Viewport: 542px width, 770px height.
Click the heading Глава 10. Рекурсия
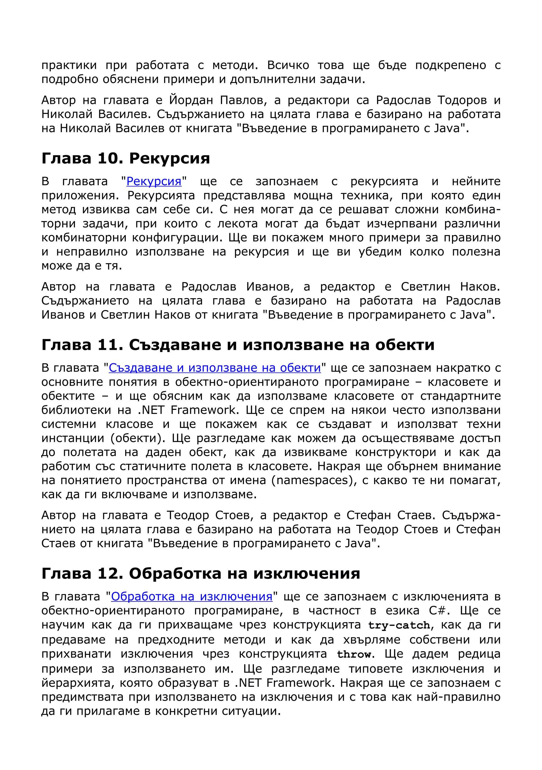click(126, 158)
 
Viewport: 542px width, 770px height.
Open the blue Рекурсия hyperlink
click(154, 182)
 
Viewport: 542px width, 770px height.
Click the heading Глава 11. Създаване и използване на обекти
click(238, 345)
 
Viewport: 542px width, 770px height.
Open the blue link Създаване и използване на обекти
click(215, 368)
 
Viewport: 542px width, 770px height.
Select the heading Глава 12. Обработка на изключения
click(201, 573)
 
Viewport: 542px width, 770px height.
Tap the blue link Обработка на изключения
click(192, 597)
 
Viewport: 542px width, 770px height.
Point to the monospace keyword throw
click(354, 654)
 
